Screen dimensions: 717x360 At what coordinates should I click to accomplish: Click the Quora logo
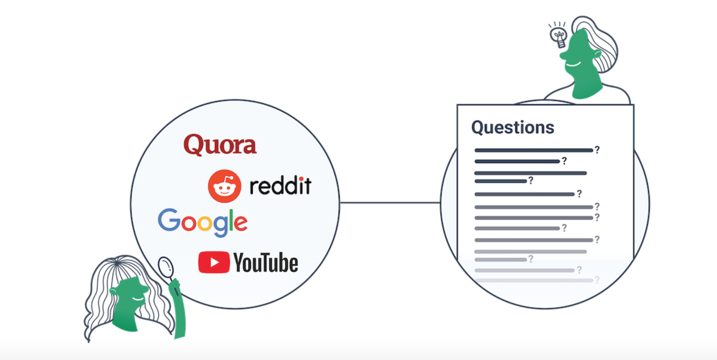coord(220,145)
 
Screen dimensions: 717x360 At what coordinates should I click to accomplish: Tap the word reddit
coord(280,186)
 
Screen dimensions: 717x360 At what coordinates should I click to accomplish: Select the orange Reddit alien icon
coord(224,186)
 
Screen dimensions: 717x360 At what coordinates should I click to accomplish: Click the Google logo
coord(202,222)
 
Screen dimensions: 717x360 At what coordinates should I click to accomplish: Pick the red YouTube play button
coord(214,262)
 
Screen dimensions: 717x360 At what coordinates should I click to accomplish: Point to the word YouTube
coord(266,263)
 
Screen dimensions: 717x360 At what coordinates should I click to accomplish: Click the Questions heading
coord(512,127)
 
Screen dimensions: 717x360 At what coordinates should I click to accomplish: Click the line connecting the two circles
coord(389,203)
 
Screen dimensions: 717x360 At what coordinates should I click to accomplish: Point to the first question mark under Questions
coord(597,150)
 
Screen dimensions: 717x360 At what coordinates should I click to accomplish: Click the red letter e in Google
coord(241,223)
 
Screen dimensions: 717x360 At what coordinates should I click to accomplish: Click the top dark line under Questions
coord(533,150)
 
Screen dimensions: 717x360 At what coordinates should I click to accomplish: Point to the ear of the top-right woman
coord(597,54)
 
